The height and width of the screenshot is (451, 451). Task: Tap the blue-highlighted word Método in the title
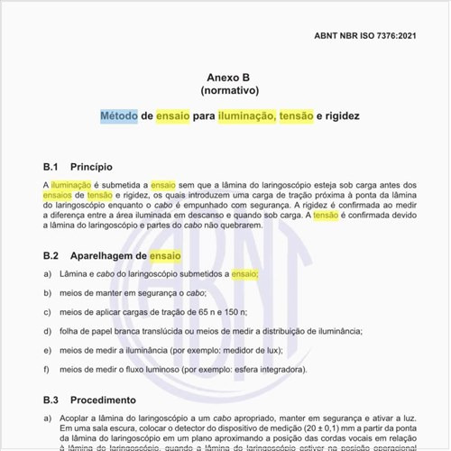tap(118, 117)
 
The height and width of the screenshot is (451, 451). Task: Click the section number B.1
tap(51, 167)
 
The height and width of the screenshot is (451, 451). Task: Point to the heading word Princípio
tap(91, 167)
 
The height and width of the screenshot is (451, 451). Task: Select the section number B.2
tap(51, 256)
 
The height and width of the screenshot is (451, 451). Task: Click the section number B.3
tap(51, 400)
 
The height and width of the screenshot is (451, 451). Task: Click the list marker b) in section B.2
tap(47, 292)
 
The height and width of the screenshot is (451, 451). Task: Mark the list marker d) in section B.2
tap(47, 331)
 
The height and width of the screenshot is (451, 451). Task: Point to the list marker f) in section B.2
tap(47, 370)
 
